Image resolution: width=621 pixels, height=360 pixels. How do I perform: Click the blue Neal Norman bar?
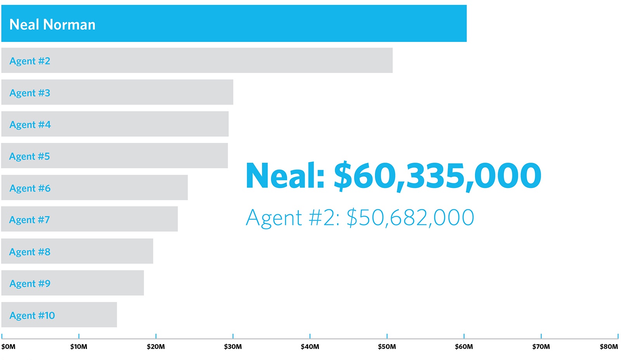(272, 23)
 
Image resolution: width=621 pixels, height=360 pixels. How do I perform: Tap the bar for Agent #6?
(116, 188)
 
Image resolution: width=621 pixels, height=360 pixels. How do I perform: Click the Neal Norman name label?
(52, 24)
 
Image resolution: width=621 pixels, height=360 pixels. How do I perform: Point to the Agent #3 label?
(30, 93)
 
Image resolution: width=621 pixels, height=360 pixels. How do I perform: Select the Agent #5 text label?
(29, 156)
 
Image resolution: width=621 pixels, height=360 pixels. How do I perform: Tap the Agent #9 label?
(30, 283)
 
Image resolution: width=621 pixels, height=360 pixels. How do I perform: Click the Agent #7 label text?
(29, 220)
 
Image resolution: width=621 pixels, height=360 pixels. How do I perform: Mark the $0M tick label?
(8, 346)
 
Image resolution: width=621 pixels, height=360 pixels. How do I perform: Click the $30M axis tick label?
(233, 346)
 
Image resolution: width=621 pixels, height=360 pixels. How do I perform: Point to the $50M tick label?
(387, 346)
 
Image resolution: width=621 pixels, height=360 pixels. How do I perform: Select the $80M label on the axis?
(609, 346)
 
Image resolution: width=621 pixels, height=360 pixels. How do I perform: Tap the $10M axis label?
(79, 346)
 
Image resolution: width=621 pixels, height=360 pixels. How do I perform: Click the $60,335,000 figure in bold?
(437, 176)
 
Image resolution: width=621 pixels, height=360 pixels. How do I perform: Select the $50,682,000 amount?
(410, 217)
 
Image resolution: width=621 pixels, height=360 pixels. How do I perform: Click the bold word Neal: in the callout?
(285, 176)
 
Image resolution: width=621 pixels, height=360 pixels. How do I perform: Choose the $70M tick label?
(541, 346)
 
